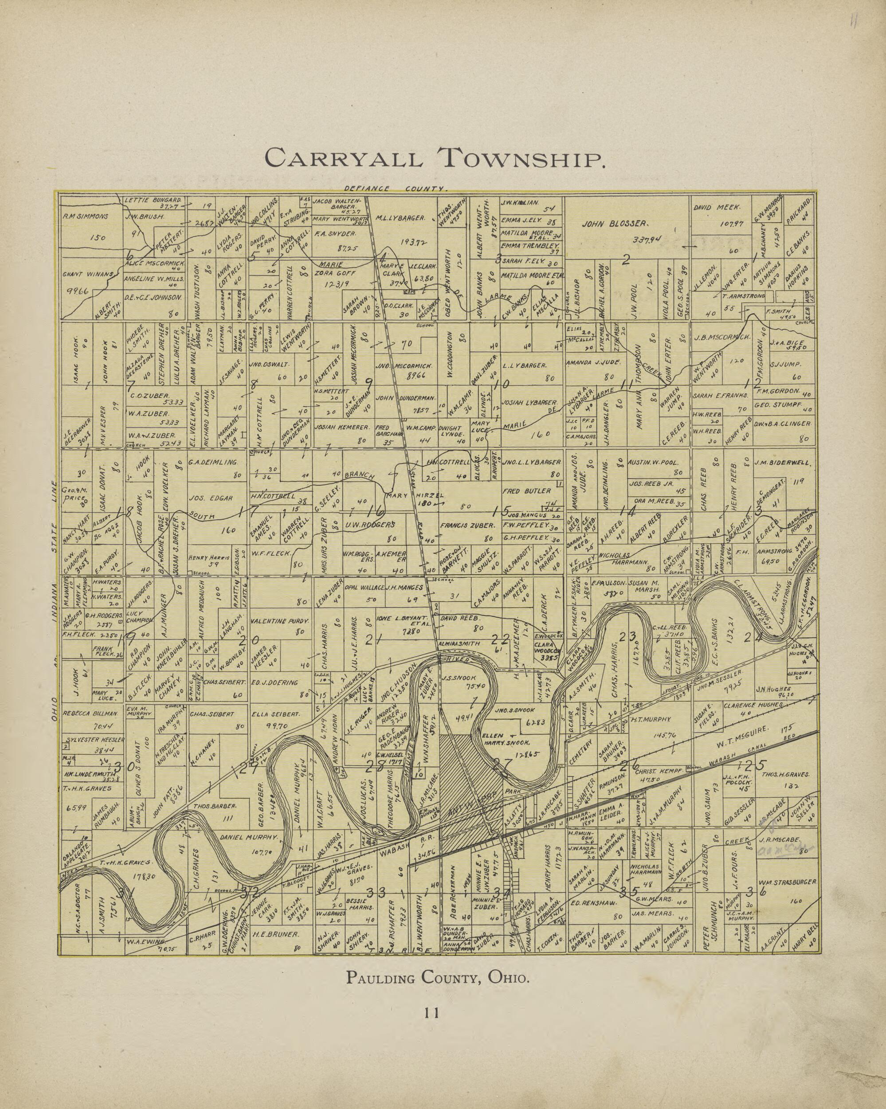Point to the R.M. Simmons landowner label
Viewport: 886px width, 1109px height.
[86, 216]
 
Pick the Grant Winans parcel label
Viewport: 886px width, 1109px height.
[87, 274]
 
